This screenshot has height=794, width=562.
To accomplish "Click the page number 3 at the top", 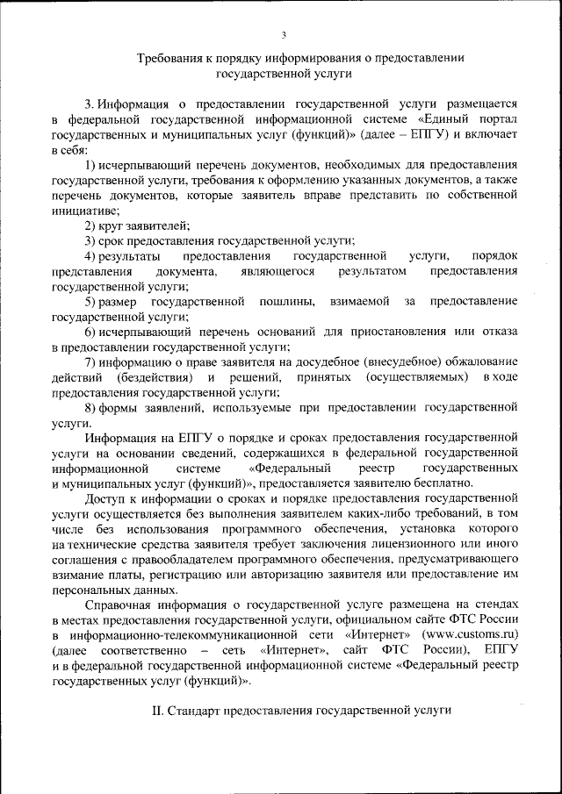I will (x=284, y=34).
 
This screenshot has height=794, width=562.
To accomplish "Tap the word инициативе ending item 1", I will (x=86, y=210).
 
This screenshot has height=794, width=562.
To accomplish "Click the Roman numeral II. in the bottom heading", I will (x=148, y=710).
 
